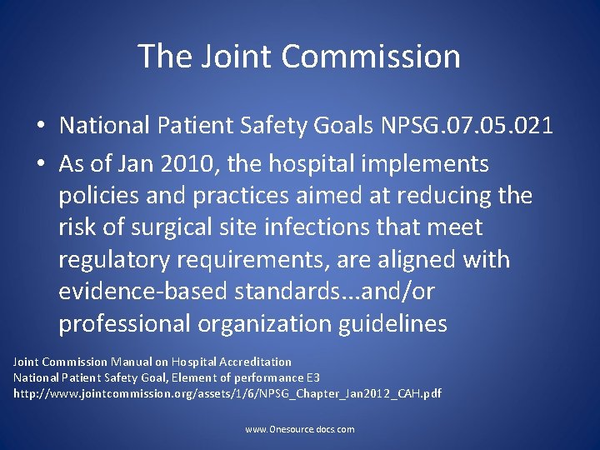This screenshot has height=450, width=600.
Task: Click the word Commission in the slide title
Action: pos(371,57)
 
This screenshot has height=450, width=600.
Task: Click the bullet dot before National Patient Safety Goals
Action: pos(40,127)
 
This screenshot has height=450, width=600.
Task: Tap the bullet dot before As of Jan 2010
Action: pos(40,165)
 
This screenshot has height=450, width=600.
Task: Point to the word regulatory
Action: pos(122,259)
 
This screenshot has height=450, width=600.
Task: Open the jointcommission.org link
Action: pos(227,392)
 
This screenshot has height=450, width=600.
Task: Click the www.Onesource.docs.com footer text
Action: pos(300,429)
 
